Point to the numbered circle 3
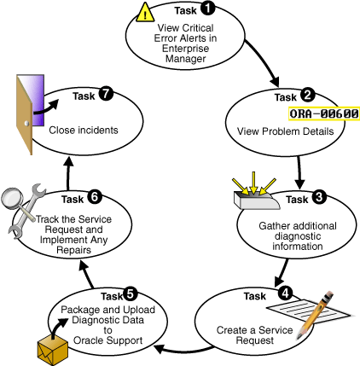click(x=318, y=198)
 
